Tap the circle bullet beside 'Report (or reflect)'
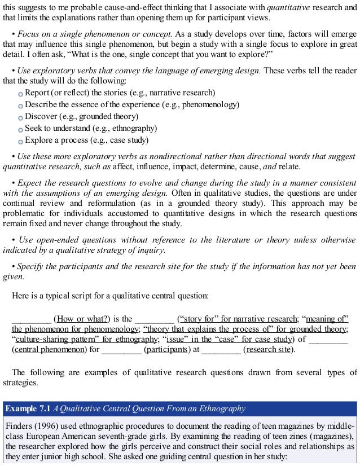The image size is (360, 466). [x=21, y=93]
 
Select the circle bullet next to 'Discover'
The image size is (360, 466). [x=21, y=117]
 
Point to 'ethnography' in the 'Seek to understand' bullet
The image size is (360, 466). [x=133, y=129]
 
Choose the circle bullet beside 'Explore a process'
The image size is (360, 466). [x=21, y=141]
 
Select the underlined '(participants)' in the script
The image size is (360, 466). [x=167, y=349]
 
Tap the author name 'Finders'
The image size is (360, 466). [x=17, y=426]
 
